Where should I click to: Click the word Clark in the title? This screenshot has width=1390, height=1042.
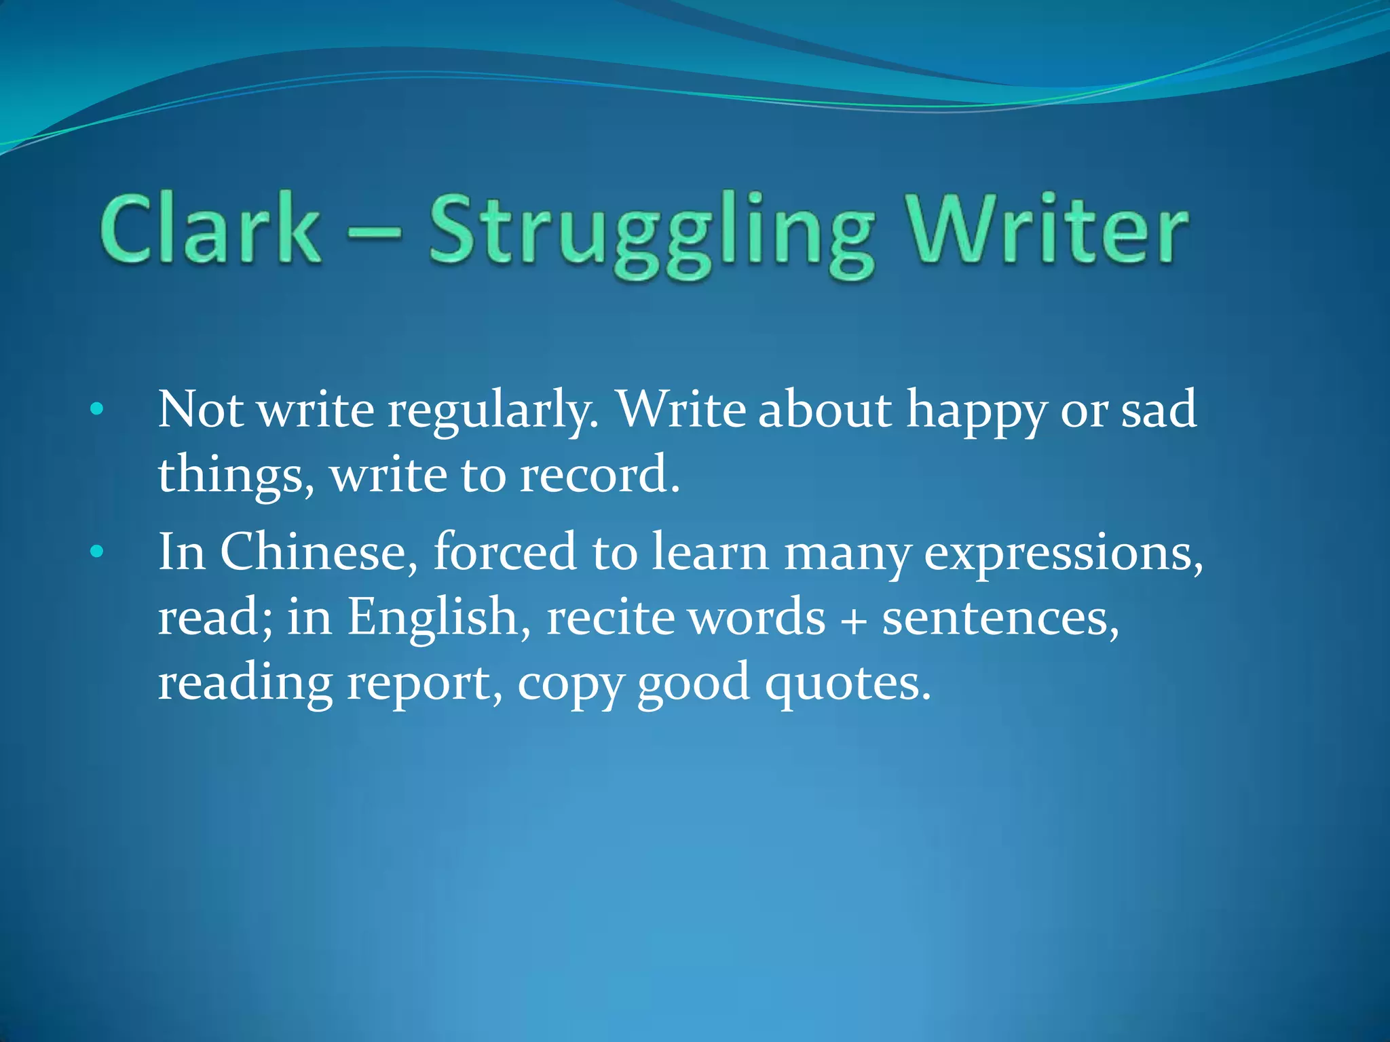tap(210, 229)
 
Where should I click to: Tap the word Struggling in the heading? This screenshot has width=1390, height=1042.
tap(652, 234)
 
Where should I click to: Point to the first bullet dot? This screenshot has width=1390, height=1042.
tap(97, 409)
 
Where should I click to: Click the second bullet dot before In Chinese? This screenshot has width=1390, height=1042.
tap(97, 552)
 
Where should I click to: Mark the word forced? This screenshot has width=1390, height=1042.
tap(505, 551)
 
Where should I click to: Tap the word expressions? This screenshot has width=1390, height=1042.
tap(1063, 553)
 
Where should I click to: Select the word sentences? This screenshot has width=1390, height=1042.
tap(1000, 617)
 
